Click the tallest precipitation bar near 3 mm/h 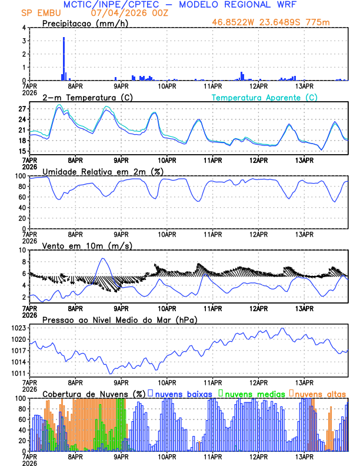(64, 58)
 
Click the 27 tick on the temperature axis (23, 109)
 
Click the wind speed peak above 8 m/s (104, 259)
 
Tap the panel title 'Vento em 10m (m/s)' (83, 245)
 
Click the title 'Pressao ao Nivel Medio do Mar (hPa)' (119, 319)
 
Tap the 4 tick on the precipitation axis (23, 28)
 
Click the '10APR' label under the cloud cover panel (167, 456)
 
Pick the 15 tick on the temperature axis (23, 151)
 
